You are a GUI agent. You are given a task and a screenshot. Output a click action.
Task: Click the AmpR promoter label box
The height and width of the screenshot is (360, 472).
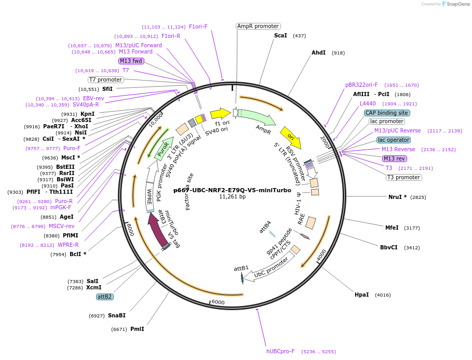pos(258,26)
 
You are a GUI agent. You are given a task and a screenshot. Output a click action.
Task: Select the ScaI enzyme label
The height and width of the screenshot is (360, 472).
pos(280,35)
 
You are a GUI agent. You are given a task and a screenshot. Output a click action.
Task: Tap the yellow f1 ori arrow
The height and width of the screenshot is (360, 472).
pos(220,113)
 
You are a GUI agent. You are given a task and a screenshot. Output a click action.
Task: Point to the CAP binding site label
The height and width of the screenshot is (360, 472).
pos(387,113)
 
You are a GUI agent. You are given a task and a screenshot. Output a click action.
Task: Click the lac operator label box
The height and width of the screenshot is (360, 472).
pos(393,140)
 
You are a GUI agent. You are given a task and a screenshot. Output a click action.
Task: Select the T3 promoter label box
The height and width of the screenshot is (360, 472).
pos(403,177)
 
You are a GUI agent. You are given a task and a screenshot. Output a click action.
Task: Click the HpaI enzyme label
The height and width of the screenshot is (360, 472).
pos(361,295)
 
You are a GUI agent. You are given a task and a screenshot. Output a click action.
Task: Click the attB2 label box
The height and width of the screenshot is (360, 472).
pos(104,297)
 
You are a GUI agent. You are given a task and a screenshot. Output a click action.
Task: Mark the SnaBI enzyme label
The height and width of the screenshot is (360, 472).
pos(117,315)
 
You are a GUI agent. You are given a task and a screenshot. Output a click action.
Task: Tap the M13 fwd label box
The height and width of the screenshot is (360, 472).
pos(131,61)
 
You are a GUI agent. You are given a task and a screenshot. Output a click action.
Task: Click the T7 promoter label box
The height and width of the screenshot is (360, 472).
pos(105,79)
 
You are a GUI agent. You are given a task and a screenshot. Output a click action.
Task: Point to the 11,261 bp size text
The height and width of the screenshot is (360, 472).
pos(232,196)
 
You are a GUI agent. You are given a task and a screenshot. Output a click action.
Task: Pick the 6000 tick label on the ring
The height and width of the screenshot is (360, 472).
pos(218,302)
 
